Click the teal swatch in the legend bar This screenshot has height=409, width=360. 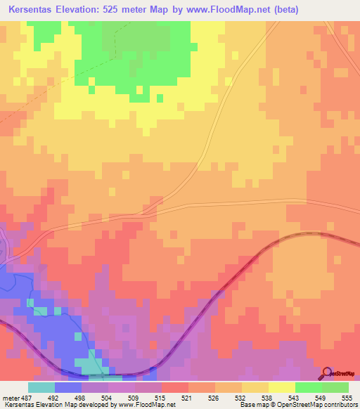41,387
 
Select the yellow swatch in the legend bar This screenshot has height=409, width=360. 281,387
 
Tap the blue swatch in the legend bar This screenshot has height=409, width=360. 68,387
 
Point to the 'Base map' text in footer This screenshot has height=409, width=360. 254,404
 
